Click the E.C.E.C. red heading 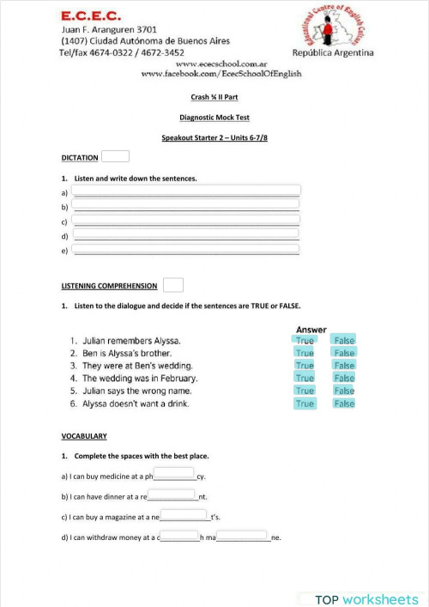pos(91,15)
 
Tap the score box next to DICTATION pos(115,156)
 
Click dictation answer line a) pos(186,191)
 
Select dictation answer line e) pos(186,250)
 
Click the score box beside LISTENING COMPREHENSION pos(172,285)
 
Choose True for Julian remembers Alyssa pos(305,340)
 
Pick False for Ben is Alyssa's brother pos(344,353)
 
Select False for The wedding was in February pos(344,378)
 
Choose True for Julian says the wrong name pos(305,391)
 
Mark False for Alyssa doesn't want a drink pos(344,404)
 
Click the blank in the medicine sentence pos(174,474)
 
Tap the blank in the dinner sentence pos(172,495)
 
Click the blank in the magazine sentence pos(184,516)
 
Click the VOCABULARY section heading pos(84,436)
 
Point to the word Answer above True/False pos(311,330)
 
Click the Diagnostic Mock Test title pos(214,118)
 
